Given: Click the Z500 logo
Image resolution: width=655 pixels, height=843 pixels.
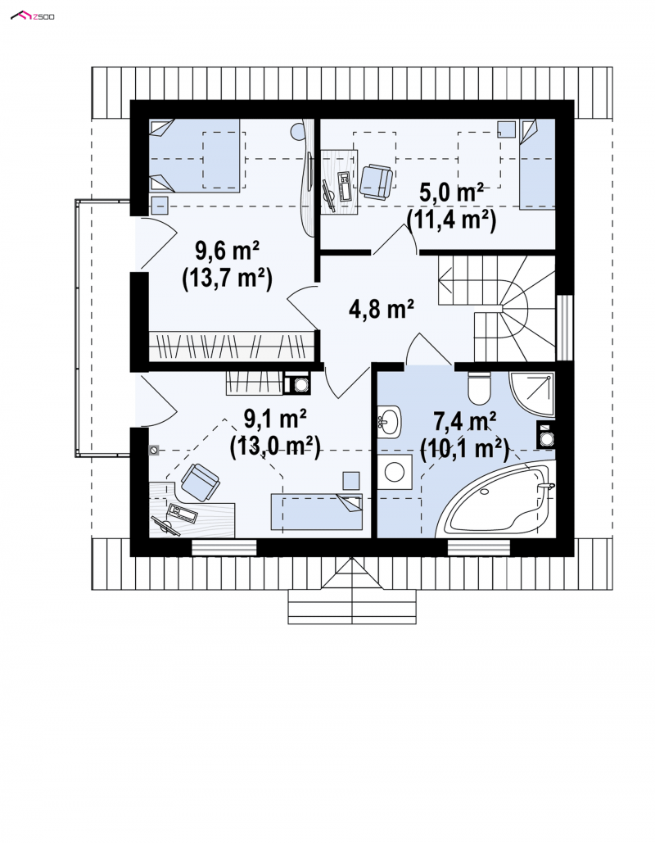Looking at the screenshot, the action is click(x=32, y=16).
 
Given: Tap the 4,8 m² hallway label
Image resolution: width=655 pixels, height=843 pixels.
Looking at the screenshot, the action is click(x=381, y=309).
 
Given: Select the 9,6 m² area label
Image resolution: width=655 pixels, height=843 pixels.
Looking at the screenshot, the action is click(x=228, y=250).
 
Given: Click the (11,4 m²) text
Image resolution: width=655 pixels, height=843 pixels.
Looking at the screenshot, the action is click(x=451, y=220).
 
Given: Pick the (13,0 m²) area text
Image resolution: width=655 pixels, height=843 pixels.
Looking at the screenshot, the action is click(x=275, y=446).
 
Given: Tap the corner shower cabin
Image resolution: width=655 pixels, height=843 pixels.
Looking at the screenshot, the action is click(x=531, y=394).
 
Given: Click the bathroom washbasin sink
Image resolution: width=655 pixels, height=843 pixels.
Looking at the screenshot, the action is click(x=389, y=420).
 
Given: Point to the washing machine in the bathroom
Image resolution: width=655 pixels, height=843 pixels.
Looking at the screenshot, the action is click(x=395, y=473).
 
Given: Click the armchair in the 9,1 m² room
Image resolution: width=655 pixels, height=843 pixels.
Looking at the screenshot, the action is click(x=200, y=481).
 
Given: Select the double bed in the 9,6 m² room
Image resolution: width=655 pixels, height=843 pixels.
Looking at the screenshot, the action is click(x=195, y=156).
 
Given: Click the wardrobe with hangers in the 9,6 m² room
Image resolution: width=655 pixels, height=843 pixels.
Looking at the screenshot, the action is click(x=231, y=347).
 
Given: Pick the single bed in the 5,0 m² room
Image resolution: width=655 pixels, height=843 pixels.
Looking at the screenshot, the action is click(x=537, y=164).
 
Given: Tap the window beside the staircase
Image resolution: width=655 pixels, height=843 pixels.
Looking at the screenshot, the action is click(x=563, y=328).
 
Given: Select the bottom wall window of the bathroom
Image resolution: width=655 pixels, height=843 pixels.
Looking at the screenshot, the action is click(x=478, y=547).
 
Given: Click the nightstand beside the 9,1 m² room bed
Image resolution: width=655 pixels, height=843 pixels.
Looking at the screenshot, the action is click(x=351, y=481).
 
